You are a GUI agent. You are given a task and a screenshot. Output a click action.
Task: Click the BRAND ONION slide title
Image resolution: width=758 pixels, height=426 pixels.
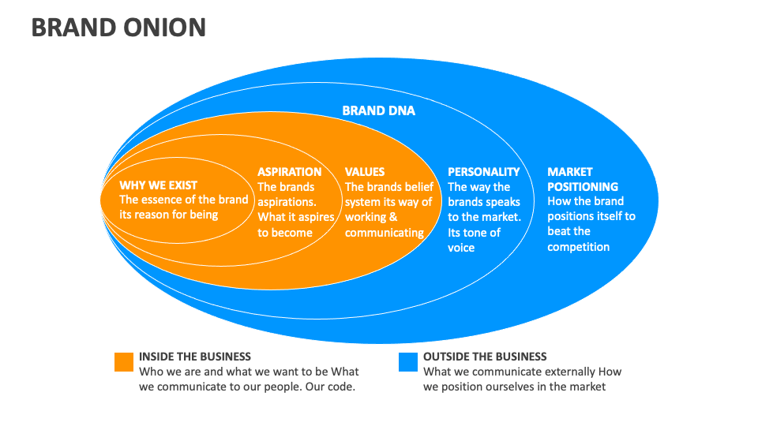pyautogui.click(x=118, y=28)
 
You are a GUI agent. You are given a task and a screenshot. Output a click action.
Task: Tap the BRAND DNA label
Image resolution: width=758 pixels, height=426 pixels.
pyautogui.click(x=378, y=111)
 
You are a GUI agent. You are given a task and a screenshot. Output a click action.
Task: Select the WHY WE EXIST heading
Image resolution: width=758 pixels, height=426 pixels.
pyautogui.click(x=159, y=185)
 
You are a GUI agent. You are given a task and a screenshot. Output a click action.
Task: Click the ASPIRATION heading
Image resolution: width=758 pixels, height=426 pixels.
pyautogui.click(x=290, y=171)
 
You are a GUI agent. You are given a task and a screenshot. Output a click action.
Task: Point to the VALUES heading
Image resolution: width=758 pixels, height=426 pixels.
pyautogui.click(x=365, y=171)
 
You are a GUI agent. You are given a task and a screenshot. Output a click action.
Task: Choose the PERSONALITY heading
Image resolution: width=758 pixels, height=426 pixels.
pyautogui.click(x=484, y=171)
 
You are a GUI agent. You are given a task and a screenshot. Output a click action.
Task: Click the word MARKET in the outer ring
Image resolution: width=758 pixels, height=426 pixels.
pyautogui.click(x=570, y=171)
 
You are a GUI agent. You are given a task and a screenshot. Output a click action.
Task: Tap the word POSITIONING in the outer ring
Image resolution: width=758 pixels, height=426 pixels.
pyautogui.click(x=583, y=187)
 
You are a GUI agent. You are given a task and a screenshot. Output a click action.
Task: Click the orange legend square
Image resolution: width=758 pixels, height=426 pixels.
pyautogui.click(x=124, y=361)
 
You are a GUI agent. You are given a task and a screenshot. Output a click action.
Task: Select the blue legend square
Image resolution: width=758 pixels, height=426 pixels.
pyautogui.click(x=408, y=361)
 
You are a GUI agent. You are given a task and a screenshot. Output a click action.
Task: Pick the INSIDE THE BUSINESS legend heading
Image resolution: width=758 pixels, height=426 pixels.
pyautogui.click(x=195, y=357)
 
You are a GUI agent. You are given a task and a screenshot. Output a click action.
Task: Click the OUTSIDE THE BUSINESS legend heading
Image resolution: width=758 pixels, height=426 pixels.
pyautogui.click(x=485, y=357)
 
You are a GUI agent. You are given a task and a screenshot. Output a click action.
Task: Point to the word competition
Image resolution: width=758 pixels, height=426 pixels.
pyautogui.click(x=579, y=247)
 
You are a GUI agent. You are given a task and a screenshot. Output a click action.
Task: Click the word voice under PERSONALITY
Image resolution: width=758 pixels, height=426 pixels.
pyautogui.click(x=462, y=248)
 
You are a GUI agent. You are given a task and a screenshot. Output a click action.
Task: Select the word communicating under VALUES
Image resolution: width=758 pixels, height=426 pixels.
pyautogui.click(x=385, y=233)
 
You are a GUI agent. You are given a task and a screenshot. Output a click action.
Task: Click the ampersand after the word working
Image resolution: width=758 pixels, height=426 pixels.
pyautogui.click(x=393, y=217)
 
